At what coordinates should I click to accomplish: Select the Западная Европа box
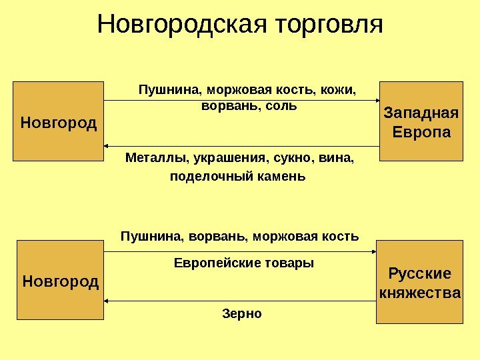421,121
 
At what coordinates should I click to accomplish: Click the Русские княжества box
419,283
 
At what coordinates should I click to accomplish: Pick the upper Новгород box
59,122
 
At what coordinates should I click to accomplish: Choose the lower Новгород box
60,281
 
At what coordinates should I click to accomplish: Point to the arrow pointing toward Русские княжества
240,251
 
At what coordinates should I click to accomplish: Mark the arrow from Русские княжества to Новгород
240,301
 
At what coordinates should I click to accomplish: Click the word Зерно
241,313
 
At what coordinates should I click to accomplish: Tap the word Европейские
212,263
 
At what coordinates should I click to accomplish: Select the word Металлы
151,159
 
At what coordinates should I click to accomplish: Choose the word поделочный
209,177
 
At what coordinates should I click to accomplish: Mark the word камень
284,177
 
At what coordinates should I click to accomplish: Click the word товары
289,263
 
